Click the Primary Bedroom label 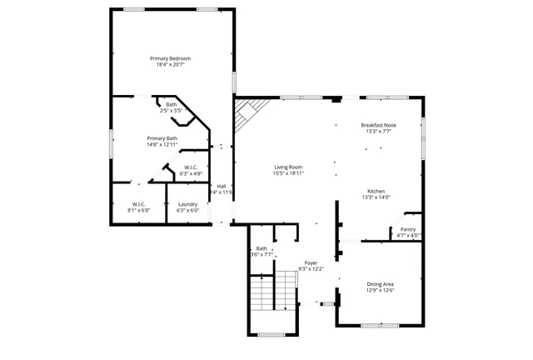click(171, 58)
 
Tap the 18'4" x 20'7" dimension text click(171, 65)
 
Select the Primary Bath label click(162, 138)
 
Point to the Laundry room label click(187, 204)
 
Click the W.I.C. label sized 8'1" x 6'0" click(139, 204)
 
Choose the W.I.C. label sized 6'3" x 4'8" click(191, 167)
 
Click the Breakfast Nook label click(378, 125)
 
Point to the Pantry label click(408, 229)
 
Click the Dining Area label click(381, 284)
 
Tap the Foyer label click(311, 262)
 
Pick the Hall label click(222, 186)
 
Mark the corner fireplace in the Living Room click(247, 112)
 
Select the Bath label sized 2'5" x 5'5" click(171, 104)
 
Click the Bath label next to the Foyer click(262, 248)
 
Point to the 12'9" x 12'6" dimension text click(381, 291)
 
